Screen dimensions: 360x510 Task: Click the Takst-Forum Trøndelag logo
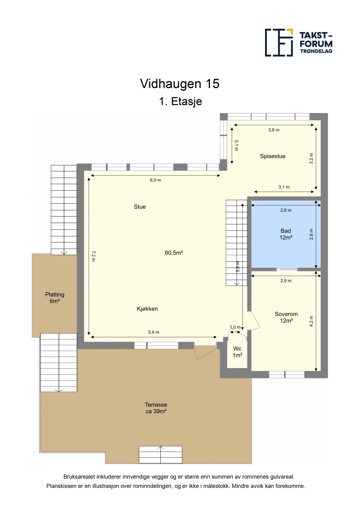click(299, 42)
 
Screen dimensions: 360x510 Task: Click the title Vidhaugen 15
click(180, 84)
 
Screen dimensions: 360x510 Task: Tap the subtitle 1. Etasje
click(180, 101)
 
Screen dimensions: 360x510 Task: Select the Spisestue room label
click(273, 156)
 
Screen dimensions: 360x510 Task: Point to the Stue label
click(140, 207)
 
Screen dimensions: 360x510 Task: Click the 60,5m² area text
click(174, 253)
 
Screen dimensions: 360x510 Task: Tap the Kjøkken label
click(147, 309)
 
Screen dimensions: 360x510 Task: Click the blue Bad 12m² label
click(286, 234)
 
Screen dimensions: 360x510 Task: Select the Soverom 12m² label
click(286, 317)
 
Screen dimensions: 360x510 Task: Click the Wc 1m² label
click(237, 352)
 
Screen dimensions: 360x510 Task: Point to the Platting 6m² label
click(55, 298)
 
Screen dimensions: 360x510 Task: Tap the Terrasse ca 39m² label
click(156, 408)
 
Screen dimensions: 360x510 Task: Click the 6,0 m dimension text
click(155, 180)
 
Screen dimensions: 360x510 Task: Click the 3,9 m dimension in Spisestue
click(274, 130)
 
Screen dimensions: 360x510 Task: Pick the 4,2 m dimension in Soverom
click(311, 321)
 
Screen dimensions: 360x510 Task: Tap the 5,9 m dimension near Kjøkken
click(154, 332)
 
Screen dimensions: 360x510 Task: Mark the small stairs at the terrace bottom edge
click(161, 454)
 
